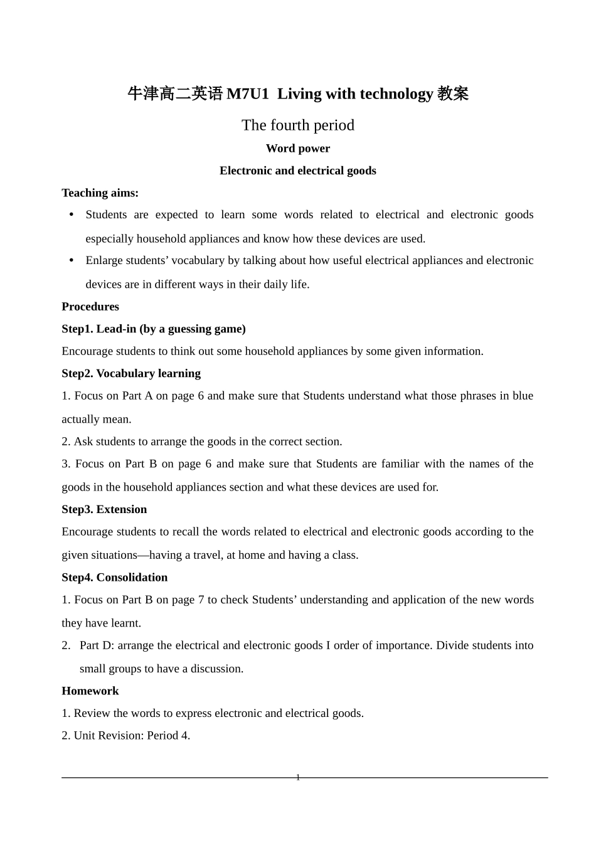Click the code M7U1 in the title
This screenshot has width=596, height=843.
coord(247,94)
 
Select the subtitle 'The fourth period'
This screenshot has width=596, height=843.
coord(298,125)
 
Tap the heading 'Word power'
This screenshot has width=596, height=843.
coord(298,149)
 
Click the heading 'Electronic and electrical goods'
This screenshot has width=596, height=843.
coord(298,171)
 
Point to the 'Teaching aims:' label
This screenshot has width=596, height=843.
coord(100,193)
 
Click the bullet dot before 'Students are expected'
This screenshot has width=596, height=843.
coord(72,215)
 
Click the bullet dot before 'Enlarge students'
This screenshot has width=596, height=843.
coord(72,260)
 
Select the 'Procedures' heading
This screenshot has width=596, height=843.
coord(90,307)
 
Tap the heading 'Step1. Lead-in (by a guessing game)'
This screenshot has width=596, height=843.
coord(154,329)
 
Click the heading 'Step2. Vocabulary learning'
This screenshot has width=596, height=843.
coord(131,374)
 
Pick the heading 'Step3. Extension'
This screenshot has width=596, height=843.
coord(104,510)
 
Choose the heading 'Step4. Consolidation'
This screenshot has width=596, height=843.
coord(115,578)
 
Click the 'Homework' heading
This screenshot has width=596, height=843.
coord(90,691)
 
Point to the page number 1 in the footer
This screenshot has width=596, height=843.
coord(298,778)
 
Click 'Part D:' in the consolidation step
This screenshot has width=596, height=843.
coord(97,645)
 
